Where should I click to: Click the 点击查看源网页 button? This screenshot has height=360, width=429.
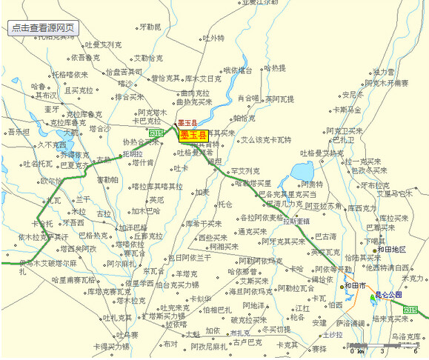(x=42, y=28)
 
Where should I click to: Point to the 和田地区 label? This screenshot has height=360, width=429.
(x=391, y=250)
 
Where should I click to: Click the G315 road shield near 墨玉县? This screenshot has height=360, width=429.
(x=156, y=133)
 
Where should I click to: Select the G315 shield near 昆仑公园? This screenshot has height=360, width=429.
(x=410, y=310)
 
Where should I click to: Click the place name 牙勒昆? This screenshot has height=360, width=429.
(x=150, y=27)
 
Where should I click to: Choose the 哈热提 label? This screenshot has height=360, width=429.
(x=273, y=68)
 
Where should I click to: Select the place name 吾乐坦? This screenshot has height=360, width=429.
(x=19, y=133)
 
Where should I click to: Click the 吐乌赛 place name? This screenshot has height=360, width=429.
(x=130, y=335)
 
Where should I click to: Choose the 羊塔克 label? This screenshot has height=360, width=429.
(x=187, y=273)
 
